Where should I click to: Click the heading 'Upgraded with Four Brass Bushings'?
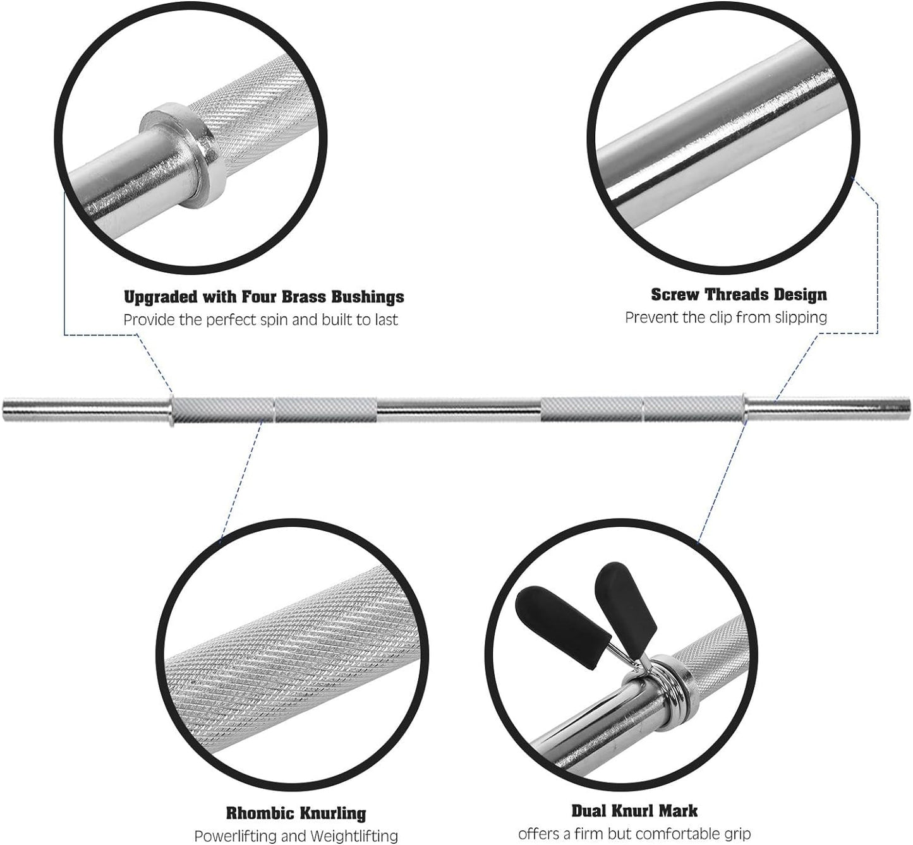(263, 296)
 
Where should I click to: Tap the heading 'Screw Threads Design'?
(739, 294)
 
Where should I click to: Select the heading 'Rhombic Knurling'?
(296, 812)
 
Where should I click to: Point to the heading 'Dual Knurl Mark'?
(634, 810)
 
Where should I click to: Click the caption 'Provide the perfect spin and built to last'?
(260, 320)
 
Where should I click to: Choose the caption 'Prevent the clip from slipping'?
(726, 317)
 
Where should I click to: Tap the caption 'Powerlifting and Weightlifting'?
(296, 836)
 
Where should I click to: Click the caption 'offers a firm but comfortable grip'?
(634, 834)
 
